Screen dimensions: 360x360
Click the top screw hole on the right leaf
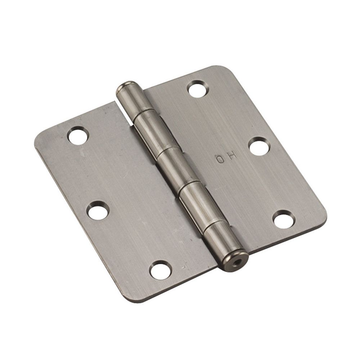point(197,89)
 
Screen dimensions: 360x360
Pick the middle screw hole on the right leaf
point(259,147)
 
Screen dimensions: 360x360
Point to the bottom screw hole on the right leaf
point(283,219)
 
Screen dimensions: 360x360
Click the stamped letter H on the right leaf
point(231,156)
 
